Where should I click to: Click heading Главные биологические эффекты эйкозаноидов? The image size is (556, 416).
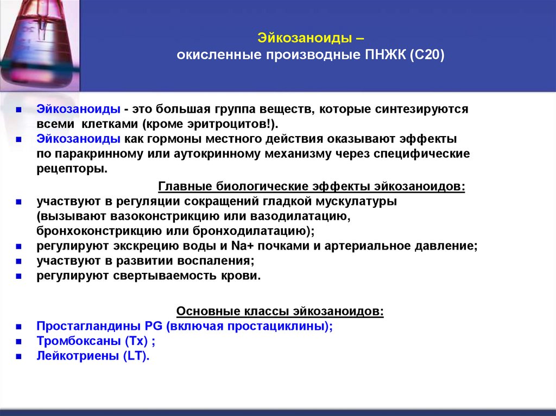(312, 187)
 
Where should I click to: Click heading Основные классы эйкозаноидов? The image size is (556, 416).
(281, 312)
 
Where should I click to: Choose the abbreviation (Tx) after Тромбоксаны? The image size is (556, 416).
(136, 342)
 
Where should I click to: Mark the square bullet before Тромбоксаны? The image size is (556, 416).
(18, 342)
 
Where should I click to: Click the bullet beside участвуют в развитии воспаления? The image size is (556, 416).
(18, 261)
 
